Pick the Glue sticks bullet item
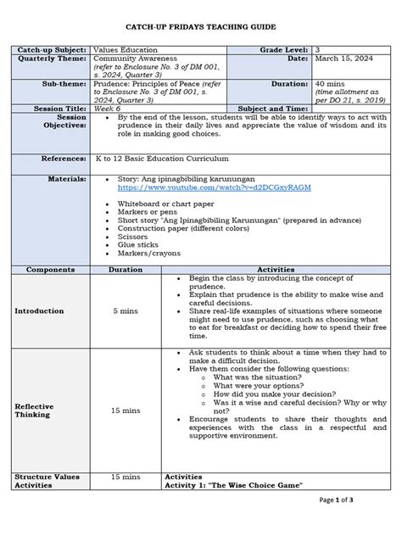pyautogui.click(x=137, y=247)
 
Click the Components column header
pyautogui.click(x=50, y=269)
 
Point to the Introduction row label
pyautogui.click(x=39, y=310)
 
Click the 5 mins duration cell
pyautogui.click(x=126, y=310)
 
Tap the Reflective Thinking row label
pyautogui.click(x=35, y=410)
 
